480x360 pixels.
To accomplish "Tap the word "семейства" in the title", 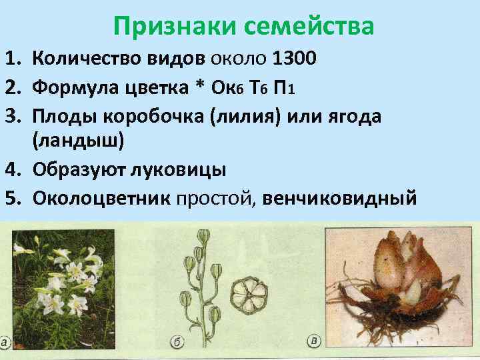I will pos(308,26).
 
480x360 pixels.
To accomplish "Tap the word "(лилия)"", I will pos(243,116).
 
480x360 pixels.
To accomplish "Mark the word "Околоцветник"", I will pos(101,198).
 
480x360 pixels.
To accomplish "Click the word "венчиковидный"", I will pos(340,198).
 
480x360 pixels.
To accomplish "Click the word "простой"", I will pos(215,198).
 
